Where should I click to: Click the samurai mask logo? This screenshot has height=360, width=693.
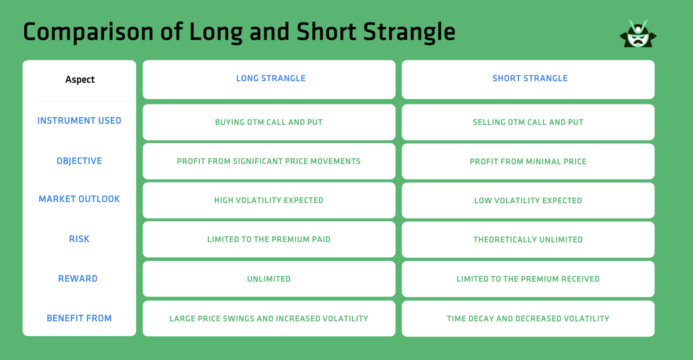[638, 34]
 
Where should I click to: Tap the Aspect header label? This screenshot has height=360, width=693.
[80, 80]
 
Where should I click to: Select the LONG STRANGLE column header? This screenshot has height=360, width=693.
[270, 79]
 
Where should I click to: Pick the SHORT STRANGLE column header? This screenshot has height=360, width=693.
[530, 79]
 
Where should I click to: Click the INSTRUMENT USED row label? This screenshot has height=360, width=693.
[79, 121]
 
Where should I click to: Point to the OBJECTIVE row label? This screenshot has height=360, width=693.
[79, 161]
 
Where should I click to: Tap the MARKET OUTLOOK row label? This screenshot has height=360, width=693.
[79, 199]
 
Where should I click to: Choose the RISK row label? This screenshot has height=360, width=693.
[79, 239]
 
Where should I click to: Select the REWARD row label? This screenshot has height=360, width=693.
[78, 279]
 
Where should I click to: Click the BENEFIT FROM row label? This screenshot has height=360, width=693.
[79, 318]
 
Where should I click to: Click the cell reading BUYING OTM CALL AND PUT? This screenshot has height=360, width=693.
[269, 123]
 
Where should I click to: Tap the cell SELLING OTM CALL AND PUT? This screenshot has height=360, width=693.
[528, 123]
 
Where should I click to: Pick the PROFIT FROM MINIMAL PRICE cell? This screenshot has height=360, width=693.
[528, 162]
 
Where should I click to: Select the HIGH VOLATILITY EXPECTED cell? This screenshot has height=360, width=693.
[269, 201]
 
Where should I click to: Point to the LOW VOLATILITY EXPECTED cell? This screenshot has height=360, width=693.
[528, 201]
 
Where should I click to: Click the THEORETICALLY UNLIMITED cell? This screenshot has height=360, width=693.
[528, 239]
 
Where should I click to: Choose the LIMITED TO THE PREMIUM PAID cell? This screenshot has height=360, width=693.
[269, 239]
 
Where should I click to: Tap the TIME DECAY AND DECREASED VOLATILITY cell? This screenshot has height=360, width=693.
[528, 318]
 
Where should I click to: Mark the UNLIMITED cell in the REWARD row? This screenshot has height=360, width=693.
[269, 279]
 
